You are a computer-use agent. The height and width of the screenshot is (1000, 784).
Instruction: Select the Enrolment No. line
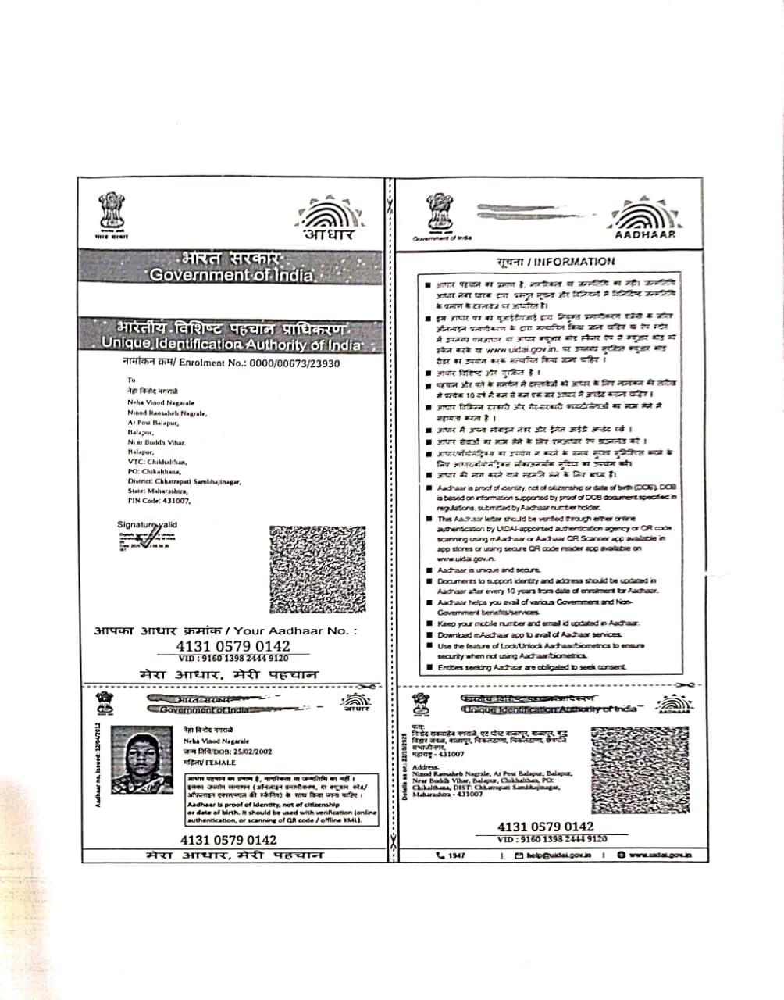point(231,363)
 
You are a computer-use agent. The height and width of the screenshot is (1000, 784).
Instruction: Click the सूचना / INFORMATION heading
point(555,262)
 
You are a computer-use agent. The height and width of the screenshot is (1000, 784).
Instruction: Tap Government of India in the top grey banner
point(231,275)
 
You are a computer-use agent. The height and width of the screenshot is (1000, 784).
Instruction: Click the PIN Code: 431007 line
point(159,500)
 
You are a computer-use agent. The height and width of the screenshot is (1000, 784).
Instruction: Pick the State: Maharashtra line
point(162,491)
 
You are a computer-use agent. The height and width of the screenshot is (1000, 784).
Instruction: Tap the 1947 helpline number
point(456,855)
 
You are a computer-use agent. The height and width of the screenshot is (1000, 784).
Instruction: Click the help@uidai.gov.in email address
point(558,855)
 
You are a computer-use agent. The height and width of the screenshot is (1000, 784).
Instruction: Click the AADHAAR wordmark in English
point(645,234)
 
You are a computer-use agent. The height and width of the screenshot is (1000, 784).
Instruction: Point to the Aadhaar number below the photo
point(228,840)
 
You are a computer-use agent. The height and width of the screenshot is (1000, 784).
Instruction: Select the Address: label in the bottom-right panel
point(425,767)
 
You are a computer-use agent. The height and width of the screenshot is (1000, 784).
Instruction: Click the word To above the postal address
point(131,380)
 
